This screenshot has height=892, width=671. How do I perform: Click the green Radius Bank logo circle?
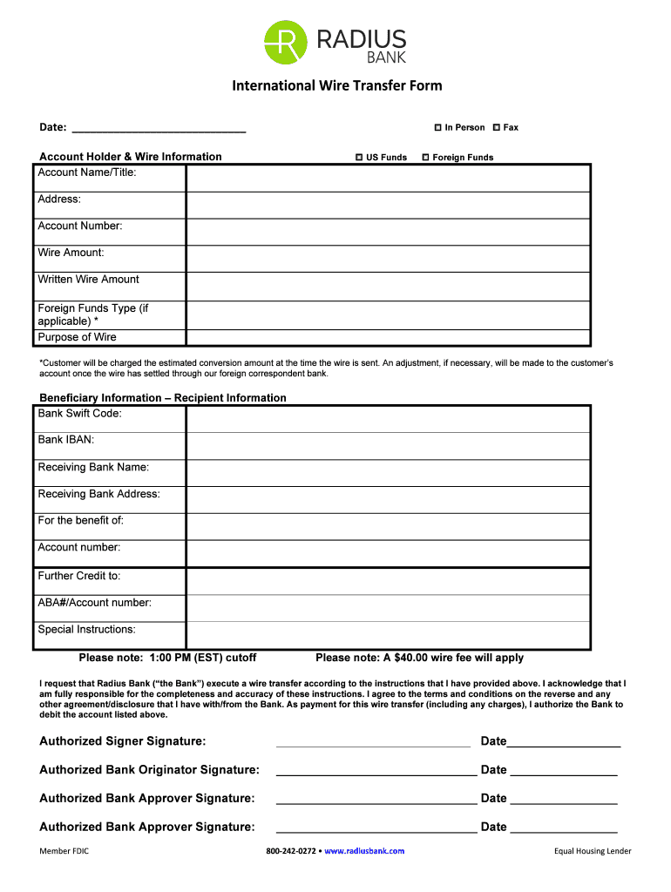click(286, 42)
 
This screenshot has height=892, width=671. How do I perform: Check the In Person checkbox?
click(437, 127)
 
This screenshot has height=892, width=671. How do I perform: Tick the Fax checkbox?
click(496, 127)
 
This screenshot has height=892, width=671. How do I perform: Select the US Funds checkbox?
click(358, 158)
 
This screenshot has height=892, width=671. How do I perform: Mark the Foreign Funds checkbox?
click(425, 158)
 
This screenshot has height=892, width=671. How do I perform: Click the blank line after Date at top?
click(158, 129)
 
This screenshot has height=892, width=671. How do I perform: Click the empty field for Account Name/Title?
click(387, 179)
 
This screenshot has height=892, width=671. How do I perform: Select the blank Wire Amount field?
click(387, 259)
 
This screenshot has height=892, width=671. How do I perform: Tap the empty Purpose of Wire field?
click(387, 338)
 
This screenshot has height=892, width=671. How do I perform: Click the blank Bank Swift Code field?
click(387, 419)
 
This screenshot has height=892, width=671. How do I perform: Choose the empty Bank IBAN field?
click(387, 446)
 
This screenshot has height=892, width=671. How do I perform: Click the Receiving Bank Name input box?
click(387, 473)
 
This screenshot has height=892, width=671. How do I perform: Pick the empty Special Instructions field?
click(387, 635)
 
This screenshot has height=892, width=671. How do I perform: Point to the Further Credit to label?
click(79, 576)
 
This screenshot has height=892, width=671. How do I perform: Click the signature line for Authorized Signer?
click(372, 743)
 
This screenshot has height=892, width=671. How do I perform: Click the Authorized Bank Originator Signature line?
click(376, 772)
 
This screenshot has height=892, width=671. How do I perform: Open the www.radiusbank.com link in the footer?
click(364, 851)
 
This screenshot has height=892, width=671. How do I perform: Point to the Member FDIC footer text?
click(64, 851)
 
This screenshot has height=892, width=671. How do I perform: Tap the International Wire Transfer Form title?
click(336, 85)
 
